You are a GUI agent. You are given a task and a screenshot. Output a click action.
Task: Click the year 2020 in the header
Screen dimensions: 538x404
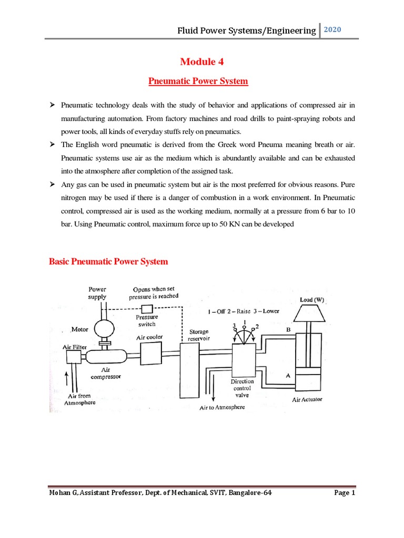pos(332,30)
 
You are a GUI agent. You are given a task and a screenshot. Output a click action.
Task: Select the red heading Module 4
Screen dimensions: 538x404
pos(202,62)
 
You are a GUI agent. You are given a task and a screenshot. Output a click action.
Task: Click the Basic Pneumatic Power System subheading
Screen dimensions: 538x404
pos(108,261)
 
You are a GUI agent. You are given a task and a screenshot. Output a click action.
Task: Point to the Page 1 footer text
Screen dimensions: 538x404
pos(345,493)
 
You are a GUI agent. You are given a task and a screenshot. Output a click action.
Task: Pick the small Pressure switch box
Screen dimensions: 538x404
pos(146,308)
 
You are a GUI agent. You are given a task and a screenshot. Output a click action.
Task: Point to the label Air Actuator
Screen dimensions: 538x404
pos(308,400)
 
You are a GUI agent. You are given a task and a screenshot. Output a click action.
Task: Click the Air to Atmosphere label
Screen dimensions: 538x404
pos(222,407)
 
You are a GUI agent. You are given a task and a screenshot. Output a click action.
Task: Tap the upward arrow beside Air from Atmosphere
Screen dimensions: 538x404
pos(65,377)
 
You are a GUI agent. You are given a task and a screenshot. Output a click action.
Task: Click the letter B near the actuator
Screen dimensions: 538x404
pos(288,329)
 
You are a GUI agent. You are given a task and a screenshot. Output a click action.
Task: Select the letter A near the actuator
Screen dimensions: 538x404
pos(287,376)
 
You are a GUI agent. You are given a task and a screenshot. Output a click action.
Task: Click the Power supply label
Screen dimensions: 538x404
pos(97,293)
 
